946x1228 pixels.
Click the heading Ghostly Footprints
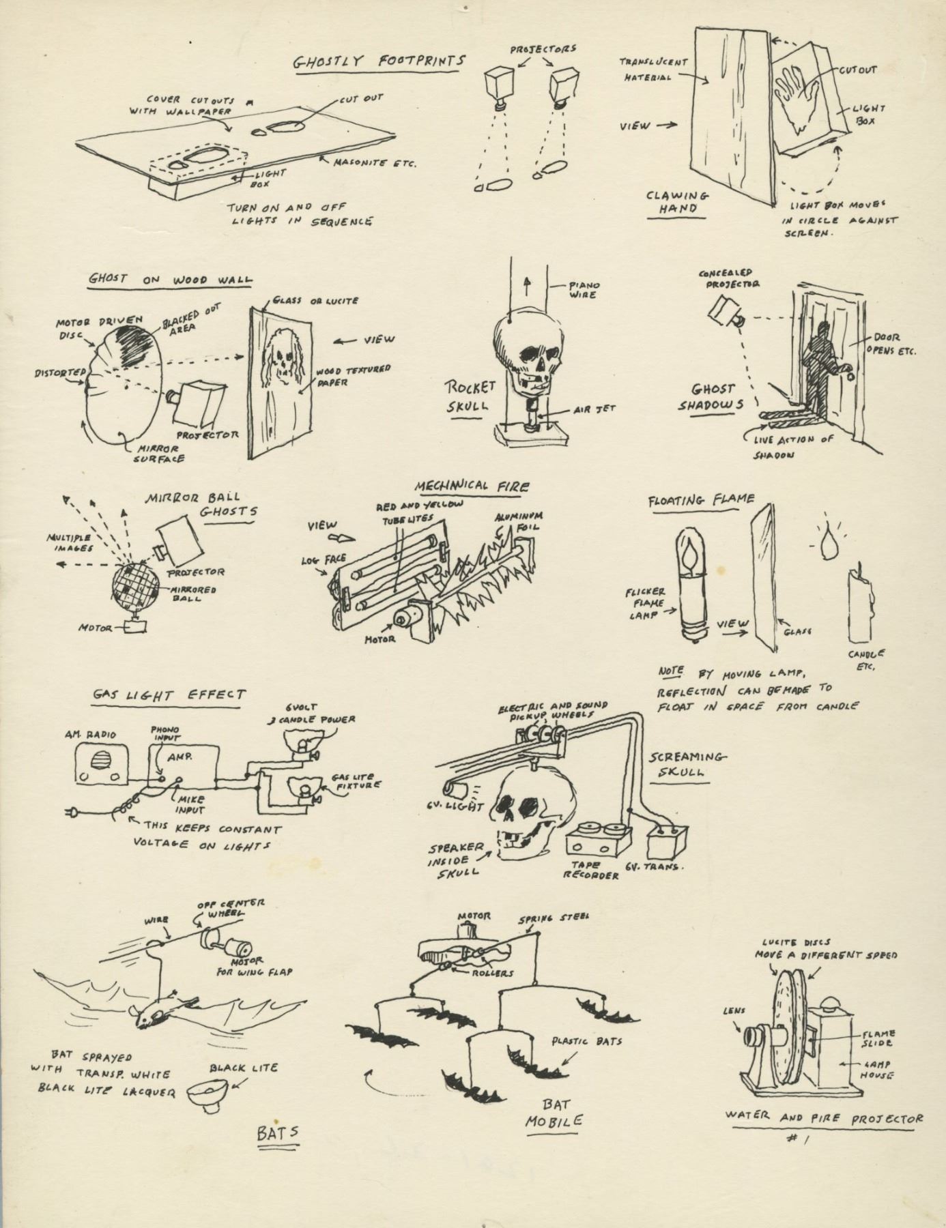pos(379,61)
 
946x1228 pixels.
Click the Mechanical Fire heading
pos(472,485)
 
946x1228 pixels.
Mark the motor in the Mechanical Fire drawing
pos(407,617)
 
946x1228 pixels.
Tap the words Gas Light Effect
pos(169,695)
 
